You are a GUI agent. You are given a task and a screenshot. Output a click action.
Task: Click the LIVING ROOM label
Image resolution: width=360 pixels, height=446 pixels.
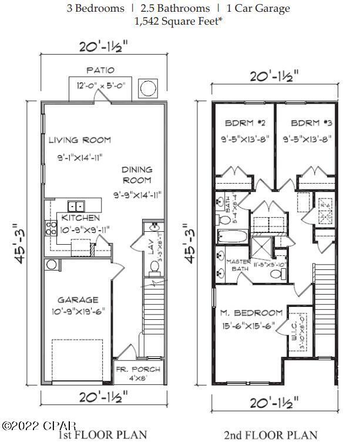(79, 140)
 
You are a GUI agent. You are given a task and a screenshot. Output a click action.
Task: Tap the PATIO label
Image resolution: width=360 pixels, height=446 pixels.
(99, 69)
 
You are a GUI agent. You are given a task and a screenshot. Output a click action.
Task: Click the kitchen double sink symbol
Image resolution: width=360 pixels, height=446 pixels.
(76, 206)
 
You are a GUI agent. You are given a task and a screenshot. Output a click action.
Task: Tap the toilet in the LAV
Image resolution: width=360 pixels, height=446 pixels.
(155, 266)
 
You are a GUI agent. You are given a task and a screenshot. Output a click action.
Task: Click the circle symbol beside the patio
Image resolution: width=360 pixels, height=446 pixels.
(147, 89)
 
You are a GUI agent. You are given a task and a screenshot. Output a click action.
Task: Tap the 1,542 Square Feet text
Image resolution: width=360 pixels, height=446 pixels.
(180, 22)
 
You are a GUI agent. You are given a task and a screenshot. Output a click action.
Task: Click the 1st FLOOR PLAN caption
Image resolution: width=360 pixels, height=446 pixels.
(102, 435)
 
